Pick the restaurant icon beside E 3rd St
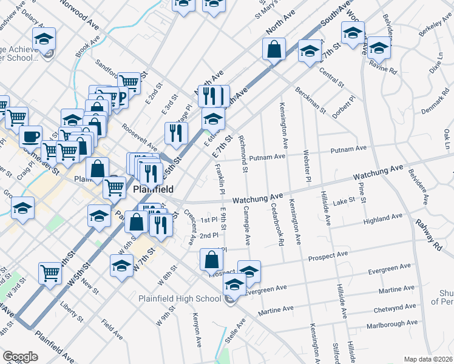[x=176, y=133]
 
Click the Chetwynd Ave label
[x=399, y=309]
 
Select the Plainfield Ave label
[x=55, y=344]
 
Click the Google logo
[x=19, y=357]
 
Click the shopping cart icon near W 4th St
[x=49, y=273]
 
